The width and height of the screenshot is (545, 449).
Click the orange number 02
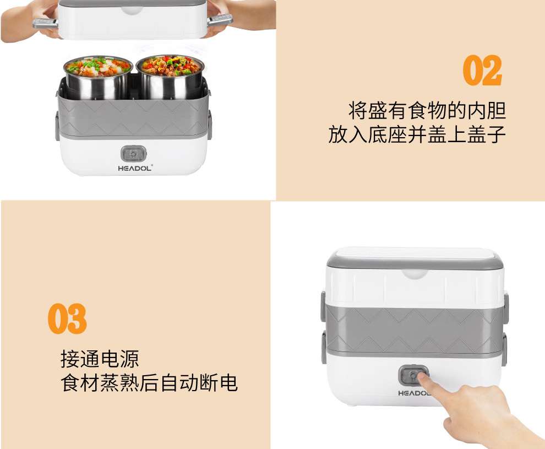pos(482,71)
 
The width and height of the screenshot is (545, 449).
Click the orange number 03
pos(67,318)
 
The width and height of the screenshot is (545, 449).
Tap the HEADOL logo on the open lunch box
pos(135,169)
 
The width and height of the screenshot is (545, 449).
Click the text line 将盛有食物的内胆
pos(427,111)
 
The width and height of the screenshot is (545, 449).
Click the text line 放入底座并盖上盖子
pos(417,134)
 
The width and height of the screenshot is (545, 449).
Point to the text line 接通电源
pos(100,359)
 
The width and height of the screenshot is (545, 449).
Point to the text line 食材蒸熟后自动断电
pos(149,382)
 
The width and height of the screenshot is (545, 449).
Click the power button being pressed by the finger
pos(412,376)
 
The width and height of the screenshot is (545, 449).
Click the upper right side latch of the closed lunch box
pos(506,307)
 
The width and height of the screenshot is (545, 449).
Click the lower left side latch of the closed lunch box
pos(323,348)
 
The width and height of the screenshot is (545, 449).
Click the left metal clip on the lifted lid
pos(45,23)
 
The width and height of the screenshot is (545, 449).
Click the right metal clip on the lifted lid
pos(220,19)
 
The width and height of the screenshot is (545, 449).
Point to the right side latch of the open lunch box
pos(210,126)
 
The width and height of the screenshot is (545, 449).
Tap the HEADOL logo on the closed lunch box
pos(413,393)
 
